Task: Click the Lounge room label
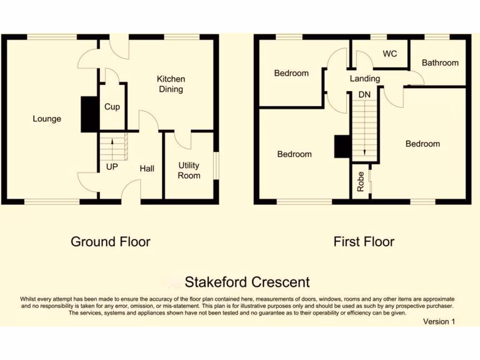[x=47, y=119]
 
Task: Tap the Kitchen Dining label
[x=171, y=84]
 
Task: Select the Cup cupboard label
[x=112, y=107]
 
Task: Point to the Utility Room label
[x=189, y=170]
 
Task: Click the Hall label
[x=147, y=168]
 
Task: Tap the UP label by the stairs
[x=112, y=166]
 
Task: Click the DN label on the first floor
[x=364, y=95]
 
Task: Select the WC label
[x=390, y=54]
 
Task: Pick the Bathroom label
[x=440, y=63]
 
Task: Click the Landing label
[x=365, y=79]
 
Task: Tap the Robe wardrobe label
[x=360, y=182]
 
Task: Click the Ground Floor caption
[x=111, y=242]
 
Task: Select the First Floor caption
[x=364, y=242]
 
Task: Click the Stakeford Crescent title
[x=247, y=282]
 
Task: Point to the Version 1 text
[x=439, y=322]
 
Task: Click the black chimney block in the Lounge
[x=88, y=114]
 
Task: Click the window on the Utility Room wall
[x=216, y=165]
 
